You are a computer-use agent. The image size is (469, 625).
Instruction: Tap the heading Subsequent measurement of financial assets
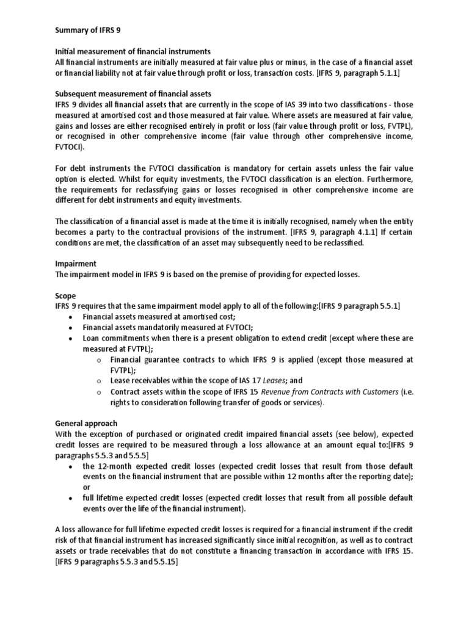pyautogui.click(x=133, y=93)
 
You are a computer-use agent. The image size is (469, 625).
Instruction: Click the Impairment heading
pyautogui.click(x=76, y=264)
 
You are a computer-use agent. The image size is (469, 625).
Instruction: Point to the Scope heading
pyautogui.click(x=65, y=295)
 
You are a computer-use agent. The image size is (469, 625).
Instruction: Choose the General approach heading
pyautogui.click(x=85, y=423)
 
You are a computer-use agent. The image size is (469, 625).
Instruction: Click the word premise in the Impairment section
pyautogui.click(x=241, y=275)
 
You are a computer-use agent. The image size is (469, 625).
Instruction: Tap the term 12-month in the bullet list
pyautogui.click(x=114, y=466)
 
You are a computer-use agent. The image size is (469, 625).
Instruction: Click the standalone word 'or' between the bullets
pyautogui.click(x=87, y=487)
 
